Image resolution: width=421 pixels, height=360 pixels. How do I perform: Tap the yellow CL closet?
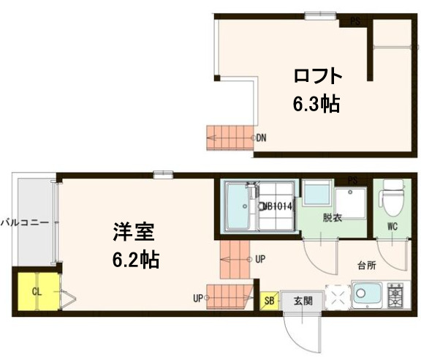coord(37,292)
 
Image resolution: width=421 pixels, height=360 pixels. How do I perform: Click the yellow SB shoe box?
coord(269,300)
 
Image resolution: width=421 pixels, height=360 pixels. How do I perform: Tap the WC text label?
coord(392,226)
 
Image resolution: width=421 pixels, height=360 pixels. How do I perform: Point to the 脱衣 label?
coord(333,217)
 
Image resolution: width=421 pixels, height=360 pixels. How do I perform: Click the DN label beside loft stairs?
coord(260,137)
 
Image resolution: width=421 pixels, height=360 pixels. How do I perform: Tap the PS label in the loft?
coord(354,21)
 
